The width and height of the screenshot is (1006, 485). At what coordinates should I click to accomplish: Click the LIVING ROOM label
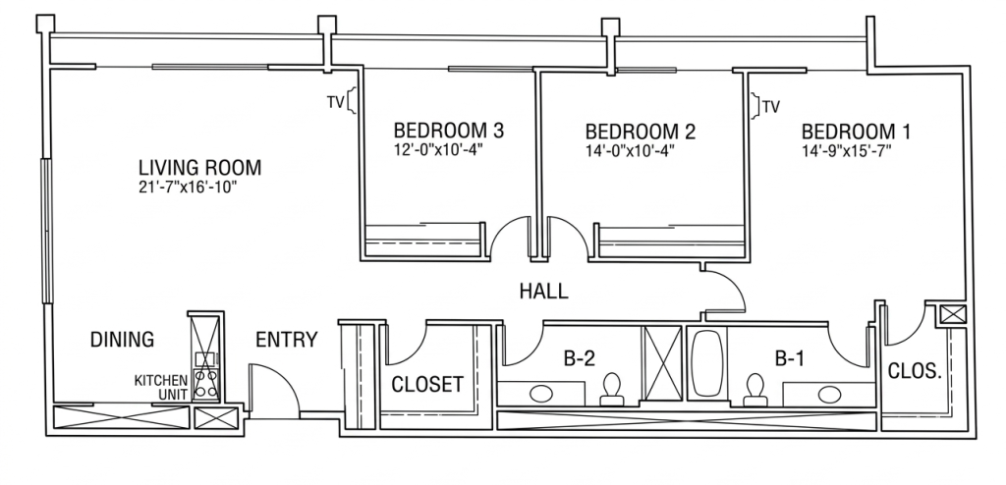[x=200, y=168]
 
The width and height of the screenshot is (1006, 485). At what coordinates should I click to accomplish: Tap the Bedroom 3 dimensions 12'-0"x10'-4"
[x=437, y=150]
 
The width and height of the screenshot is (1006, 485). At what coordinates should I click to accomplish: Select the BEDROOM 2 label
[x=641, y=132]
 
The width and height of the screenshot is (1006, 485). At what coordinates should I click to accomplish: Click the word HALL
[x=543, y=292]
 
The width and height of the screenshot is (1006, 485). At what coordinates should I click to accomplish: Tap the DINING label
[x=122, y=339]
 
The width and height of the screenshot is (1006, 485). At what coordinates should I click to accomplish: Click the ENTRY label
[x=286, y=340]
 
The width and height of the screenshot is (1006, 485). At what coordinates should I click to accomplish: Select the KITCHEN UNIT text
[x=161, y=387]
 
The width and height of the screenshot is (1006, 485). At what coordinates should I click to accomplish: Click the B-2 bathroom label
[x=580, y=358]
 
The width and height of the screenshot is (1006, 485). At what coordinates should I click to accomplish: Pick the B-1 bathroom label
[x=789, y=359]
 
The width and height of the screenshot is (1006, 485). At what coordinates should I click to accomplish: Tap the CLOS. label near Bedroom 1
[x=915, y=371]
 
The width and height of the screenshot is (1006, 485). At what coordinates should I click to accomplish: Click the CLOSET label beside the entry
[x=427, y=384]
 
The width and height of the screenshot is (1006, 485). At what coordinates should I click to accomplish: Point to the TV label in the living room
[x=334, y=102]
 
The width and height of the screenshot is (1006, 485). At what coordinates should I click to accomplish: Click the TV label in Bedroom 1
[x=772, y=106]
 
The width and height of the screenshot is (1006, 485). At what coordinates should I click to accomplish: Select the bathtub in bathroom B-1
[x=707, y=363]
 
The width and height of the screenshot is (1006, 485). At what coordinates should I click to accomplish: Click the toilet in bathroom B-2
[x=611, y=390]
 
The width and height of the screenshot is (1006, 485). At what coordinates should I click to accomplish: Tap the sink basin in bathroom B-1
[x=829, y=393]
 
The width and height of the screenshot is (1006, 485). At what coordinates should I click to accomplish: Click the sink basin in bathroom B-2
[x=542, y=393]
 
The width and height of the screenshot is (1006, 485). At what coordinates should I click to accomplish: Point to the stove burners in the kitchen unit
[x=206, y=383]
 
